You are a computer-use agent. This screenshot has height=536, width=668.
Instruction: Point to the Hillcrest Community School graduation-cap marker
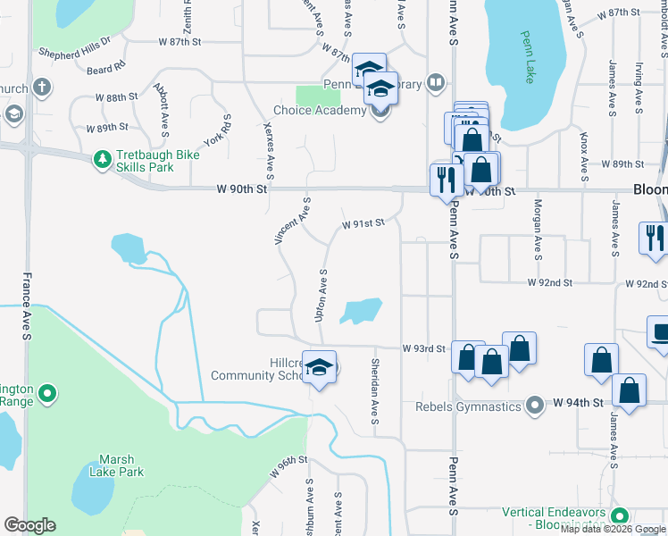(x=319, y=367)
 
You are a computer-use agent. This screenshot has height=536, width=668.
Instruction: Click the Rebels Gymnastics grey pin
(x=535, y=406)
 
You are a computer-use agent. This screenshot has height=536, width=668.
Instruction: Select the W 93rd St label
(x=423, y=348)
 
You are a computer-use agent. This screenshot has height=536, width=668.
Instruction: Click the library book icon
(x=435, y=83)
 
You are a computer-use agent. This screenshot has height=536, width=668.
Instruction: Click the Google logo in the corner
(x=29, y=525)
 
